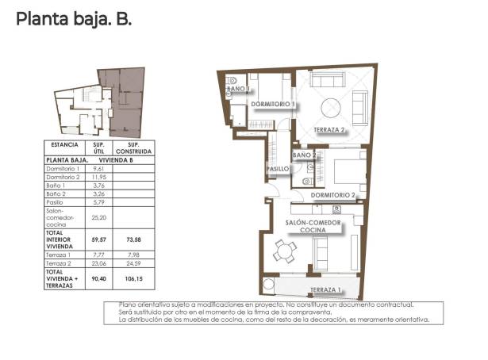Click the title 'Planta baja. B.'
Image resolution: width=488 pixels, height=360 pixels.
(x=74, y=18)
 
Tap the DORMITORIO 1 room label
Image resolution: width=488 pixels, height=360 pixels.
(x=272, y=104)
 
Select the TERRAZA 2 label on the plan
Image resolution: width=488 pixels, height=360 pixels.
(x=331, y=129)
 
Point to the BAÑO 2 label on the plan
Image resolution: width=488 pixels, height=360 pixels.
(x=305, y=155)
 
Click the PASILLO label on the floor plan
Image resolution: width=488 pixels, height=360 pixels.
(x=277, y=169)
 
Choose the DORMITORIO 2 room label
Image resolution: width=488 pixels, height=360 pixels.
(x=332, y=194)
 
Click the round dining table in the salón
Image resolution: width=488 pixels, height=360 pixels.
(x=285, y=252)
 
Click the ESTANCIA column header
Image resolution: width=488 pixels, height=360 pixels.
(x=64, y=146)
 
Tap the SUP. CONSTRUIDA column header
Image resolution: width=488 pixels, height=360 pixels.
(x=133, y=148)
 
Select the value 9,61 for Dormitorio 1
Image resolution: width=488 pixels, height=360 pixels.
(x=99, y=169)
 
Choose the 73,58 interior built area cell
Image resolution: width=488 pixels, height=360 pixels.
(x=133, y=238)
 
